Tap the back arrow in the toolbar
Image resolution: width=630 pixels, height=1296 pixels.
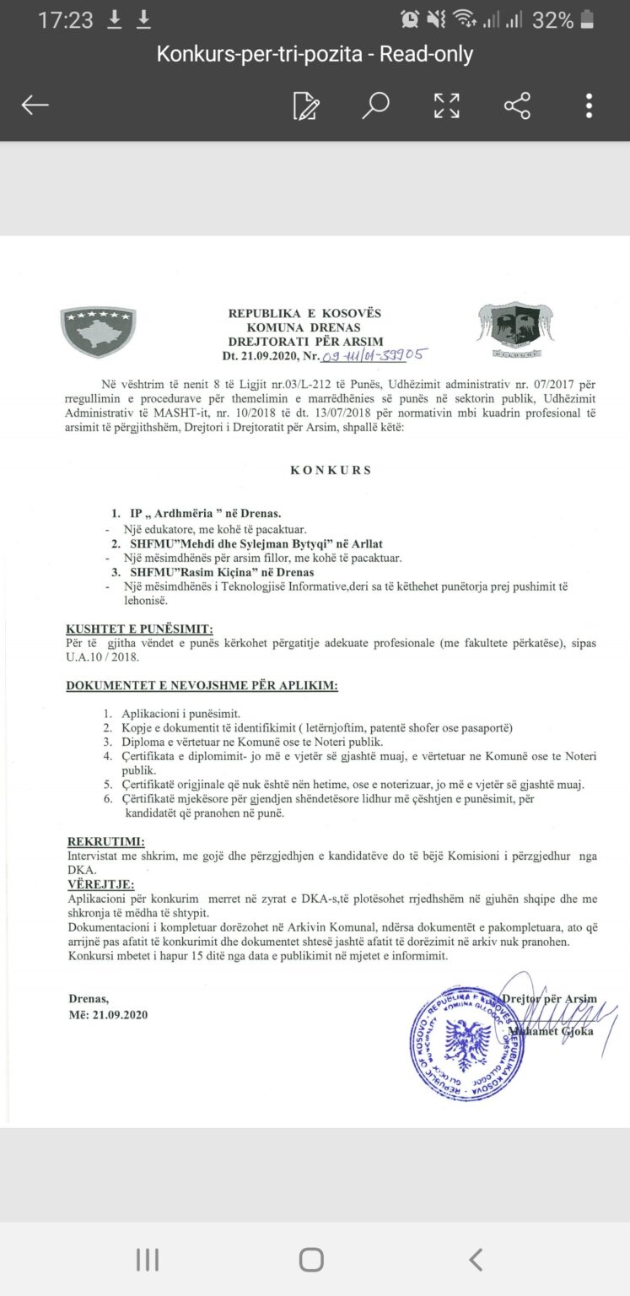[35, 105]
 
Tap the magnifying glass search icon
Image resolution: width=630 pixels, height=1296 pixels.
[375, 105]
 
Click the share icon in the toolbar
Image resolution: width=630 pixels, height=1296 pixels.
[517, 105]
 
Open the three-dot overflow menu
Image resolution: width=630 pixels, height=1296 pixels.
[589, 105]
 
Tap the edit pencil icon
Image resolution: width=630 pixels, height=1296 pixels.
[305, 105]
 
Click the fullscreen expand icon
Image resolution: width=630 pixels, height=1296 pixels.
[446, 105]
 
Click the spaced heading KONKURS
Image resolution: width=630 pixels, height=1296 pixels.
[331, 470]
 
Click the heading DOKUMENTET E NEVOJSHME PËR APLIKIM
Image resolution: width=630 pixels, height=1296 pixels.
[202, 685]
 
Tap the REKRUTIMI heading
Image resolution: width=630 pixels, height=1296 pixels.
[105, 841]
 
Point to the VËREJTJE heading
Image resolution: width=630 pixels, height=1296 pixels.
[101, 883]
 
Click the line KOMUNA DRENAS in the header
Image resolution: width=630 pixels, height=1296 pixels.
[304, 327]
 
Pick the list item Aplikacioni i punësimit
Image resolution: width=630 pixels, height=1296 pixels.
[181, 713]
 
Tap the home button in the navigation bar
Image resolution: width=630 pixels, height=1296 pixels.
[311, 1260]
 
